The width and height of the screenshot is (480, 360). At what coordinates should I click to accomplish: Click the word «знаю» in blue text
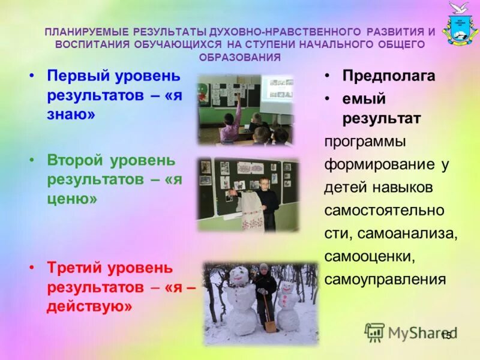pos(71,115)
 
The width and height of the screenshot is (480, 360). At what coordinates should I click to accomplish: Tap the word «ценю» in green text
pos(72,198)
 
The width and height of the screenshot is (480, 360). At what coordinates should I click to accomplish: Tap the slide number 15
pos(446,337)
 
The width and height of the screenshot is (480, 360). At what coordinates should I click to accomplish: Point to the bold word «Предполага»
pos(388,76)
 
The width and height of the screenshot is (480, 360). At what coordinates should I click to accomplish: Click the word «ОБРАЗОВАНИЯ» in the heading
pos(240,58)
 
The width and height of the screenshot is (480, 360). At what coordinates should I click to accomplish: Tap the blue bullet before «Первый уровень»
pos(34,76)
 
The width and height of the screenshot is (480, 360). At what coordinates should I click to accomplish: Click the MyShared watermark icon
pos(374,331)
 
